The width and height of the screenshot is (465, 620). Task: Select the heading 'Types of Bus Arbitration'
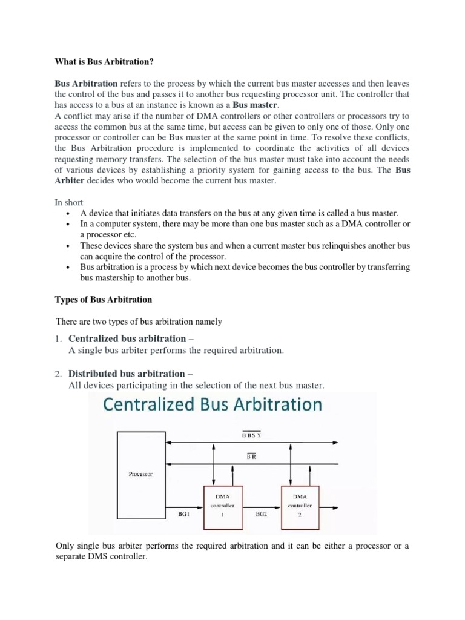point(104,300)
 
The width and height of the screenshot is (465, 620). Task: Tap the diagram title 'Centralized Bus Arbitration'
point(211,404)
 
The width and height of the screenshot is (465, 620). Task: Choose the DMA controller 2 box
point(299,504)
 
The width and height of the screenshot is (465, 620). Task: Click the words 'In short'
point(70,202)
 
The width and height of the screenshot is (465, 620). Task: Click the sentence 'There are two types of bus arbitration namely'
point(139,322)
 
